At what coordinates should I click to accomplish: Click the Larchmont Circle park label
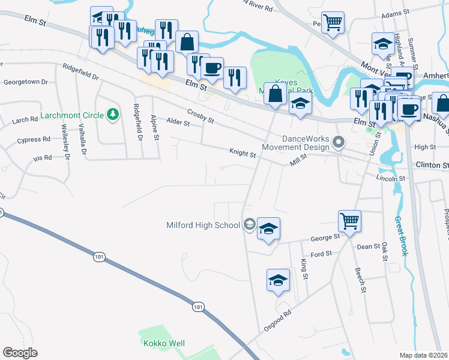click(x=71, y=115)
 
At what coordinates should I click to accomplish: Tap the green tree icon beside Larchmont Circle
click(x=112, y=114)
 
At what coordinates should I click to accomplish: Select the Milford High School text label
click(x=203, y=226)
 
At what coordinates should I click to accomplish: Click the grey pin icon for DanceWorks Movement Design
click(x=338, y=143)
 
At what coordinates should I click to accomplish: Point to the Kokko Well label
click(x=164, y=344)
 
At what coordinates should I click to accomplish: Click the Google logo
click(x=20, y=352)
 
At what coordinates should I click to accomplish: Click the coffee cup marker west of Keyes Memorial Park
click(x=211, y=68)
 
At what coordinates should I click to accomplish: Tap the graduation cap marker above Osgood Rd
click(x=278, y=280)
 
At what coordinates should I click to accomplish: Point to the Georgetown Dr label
click(x=26, y=81)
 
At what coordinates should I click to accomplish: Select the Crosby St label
click(x=200, y=116)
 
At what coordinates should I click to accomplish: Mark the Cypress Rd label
click(x=34, y=140)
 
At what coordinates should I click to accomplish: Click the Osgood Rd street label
click(x=277, y=321)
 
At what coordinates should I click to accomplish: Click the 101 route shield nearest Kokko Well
click(x=199, y=307)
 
